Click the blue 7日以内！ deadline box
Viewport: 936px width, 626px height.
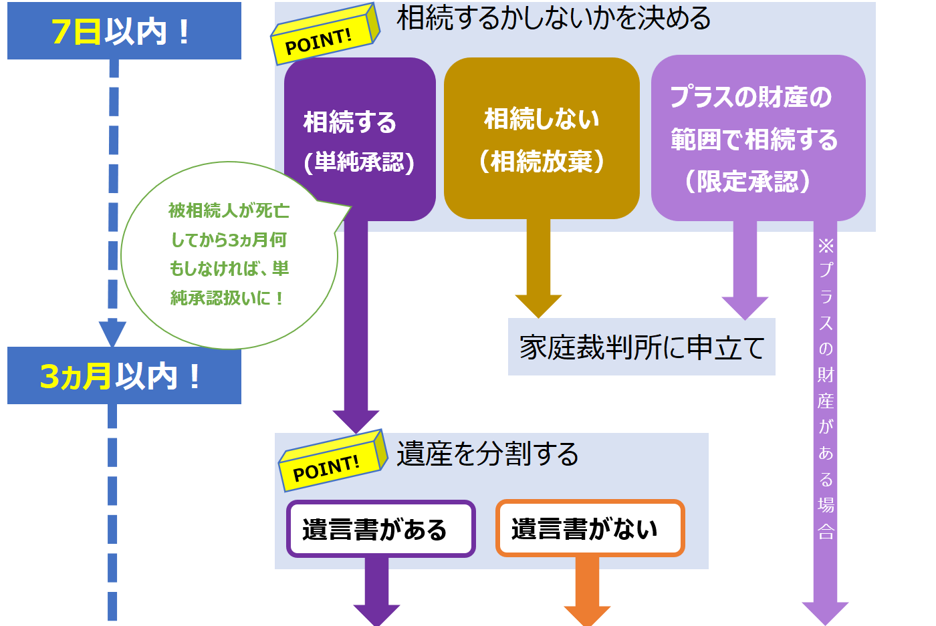click(124, 31)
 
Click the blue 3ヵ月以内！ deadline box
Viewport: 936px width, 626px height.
click(124, 375)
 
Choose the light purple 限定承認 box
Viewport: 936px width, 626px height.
click(757, 138)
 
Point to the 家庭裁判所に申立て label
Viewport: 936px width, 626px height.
click(641, 347)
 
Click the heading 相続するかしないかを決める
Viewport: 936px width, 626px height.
click(554, 18)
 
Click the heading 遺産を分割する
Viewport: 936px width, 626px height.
click(487, 454)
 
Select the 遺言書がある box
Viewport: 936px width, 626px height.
click(380, 528)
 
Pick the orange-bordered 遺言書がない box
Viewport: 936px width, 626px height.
click(590, 528)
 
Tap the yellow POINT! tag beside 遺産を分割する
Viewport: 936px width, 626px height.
click(332, 462)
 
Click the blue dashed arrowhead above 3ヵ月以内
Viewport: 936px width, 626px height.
click(112, 333)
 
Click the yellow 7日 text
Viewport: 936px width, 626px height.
click(76, 31)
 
